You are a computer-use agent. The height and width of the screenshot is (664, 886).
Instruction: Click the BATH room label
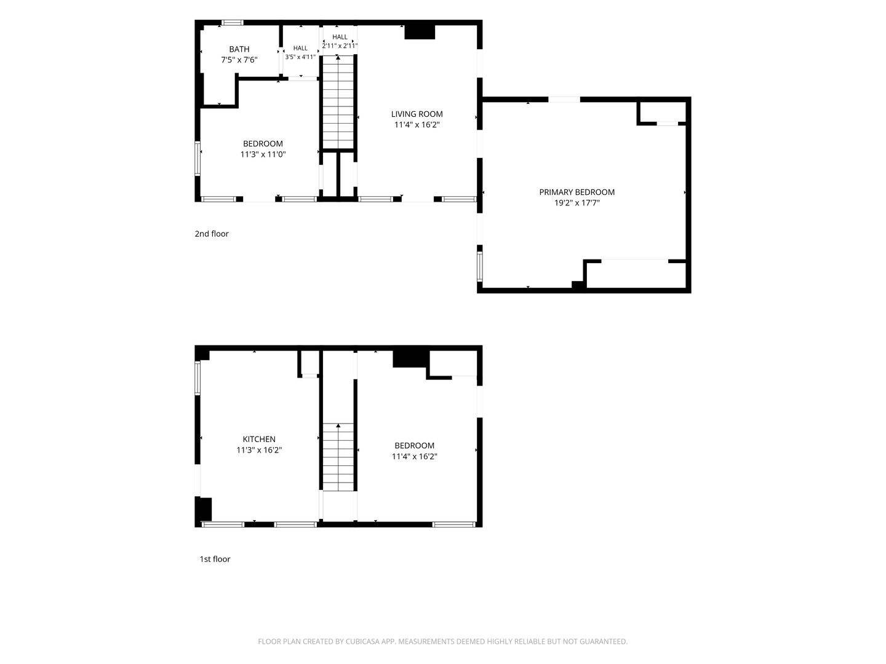tap(239, 49)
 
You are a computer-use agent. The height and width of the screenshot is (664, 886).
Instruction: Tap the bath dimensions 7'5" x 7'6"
tap(239, 60)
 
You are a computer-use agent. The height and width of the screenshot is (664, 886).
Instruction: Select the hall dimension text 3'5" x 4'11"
tap(300, 57)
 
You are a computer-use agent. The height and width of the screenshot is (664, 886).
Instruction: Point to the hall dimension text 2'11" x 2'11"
tap(340, 45)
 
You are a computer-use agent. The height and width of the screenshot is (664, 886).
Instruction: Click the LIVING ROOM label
tap(417, 114)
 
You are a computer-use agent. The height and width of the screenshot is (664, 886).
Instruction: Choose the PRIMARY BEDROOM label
tap(577, 192)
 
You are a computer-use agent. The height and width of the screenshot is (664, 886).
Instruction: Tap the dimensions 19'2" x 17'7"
tap(577, 203)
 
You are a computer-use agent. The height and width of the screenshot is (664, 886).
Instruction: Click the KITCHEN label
tap(259, 439)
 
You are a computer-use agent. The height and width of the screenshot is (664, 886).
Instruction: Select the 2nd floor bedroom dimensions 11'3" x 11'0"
tap(263, 154)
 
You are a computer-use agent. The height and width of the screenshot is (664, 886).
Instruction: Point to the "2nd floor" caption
tap(212, 234)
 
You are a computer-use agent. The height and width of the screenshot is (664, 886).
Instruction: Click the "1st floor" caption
tap(215, 559)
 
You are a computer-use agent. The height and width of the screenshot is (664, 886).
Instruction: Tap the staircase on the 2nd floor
tap(338, 103)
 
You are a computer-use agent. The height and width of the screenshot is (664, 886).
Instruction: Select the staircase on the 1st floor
tap(338, 457)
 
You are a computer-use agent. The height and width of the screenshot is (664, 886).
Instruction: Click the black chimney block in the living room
tap(420, 32)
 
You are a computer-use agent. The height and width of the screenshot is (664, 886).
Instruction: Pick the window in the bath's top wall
tap(232, 23)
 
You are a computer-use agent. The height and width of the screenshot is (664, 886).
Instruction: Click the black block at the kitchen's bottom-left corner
tap(204, 509)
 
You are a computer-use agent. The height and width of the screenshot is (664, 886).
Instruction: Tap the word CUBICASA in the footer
tap(362, 641)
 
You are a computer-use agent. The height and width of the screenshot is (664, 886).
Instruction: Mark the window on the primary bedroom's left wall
tap(480, 266)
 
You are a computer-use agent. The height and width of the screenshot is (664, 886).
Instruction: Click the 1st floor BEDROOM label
tap(414, 446)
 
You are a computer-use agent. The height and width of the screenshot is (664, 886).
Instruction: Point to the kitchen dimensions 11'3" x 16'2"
tap(259, 450)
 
